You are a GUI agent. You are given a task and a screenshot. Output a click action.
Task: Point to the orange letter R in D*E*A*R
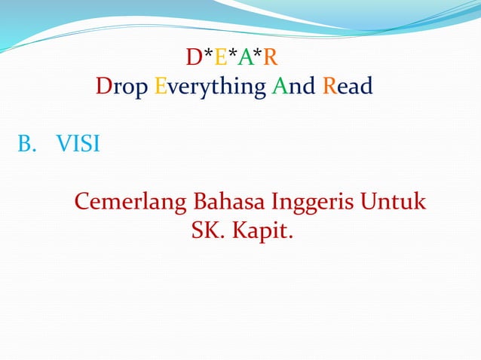tap(271, 57)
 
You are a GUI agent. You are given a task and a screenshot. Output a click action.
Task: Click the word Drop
tap(122, 88)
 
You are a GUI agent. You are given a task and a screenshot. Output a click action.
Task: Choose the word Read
tap(348, 87)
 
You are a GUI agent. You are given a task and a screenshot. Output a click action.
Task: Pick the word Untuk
tap(394, 202)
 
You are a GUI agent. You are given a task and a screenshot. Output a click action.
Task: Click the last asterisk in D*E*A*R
tap(258, 54)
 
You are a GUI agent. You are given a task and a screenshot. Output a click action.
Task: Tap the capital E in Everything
tap(160, 88)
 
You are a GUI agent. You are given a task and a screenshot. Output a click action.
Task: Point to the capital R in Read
tap(329, 87)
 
